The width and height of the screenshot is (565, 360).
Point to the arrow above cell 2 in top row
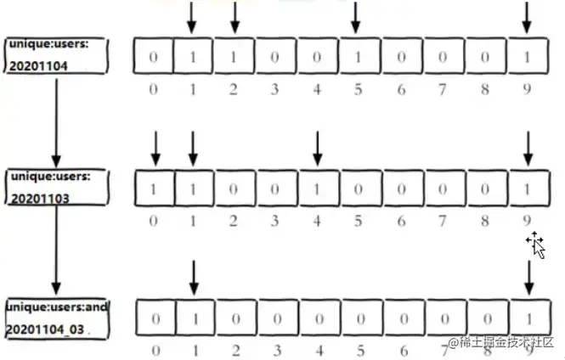234,18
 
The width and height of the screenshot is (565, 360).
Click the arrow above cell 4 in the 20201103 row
317,148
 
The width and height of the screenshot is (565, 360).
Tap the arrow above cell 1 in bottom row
194,278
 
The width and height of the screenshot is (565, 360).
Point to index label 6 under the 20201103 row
399,220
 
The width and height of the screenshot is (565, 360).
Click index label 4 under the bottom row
317,349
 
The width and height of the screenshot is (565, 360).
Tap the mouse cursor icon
535,245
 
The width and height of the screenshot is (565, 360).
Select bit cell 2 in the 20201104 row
234,57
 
